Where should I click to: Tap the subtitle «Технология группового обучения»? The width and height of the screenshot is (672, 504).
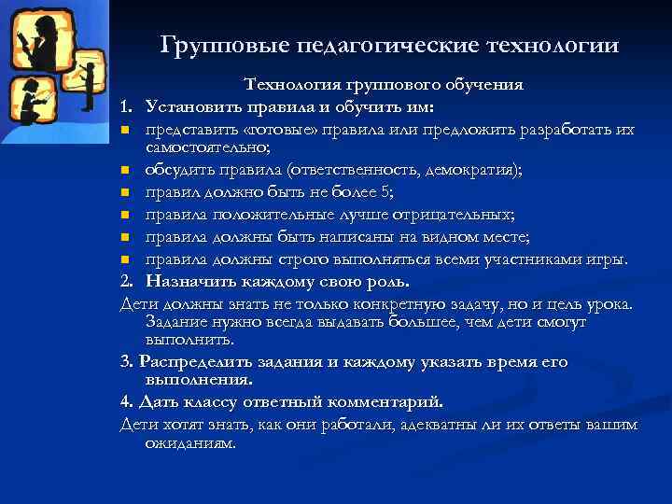[x=384, y=85]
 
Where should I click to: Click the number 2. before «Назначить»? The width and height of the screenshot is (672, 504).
[x=127, y=280]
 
